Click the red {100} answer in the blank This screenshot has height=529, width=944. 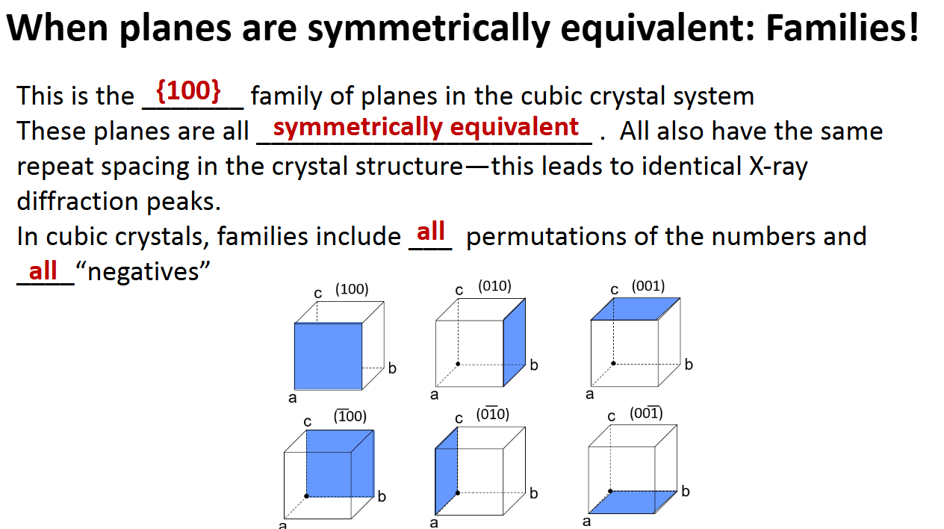(188, 90)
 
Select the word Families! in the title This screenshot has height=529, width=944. (842, 28)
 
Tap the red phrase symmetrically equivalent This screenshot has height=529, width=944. (426, 127)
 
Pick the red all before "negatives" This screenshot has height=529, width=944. (43, 270)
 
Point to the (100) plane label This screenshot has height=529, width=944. (352, 289)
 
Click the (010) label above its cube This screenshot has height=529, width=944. (494, 286)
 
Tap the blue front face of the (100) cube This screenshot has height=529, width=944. (328, 356)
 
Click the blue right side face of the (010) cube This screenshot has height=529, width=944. (515, 341)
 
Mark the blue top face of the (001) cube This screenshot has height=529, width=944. (635, 309)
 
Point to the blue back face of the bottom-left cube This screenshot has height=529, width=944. (340, 463)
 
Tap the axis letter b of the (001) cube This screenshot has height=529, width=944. (689, 365)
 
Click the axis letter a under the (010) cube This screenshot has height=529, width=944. (434, 395)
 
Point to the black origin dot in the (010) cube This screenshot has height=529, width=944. (458, 364)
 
